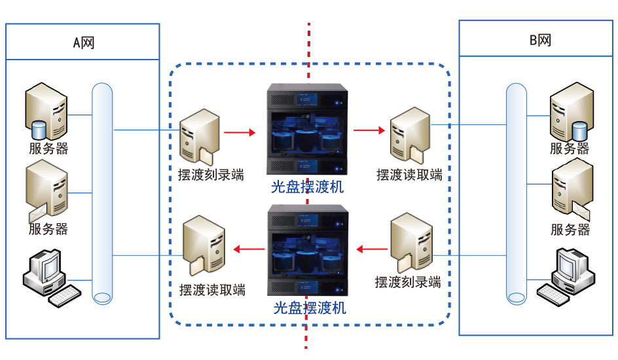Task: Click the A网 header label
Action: pos(83,43)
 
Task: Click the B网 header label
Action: pos(539,41)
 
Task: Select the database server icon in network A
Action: pos(46,109)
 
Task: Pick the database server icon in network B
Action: pos(570,110)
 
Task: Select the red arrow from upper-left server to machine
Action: pos(240,132)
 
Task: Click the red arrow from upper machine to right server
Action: pos(369,131)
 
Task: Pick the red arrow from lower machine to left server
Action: pos(249,248)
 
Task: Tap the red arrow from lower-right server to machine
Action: pos(371,249)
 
